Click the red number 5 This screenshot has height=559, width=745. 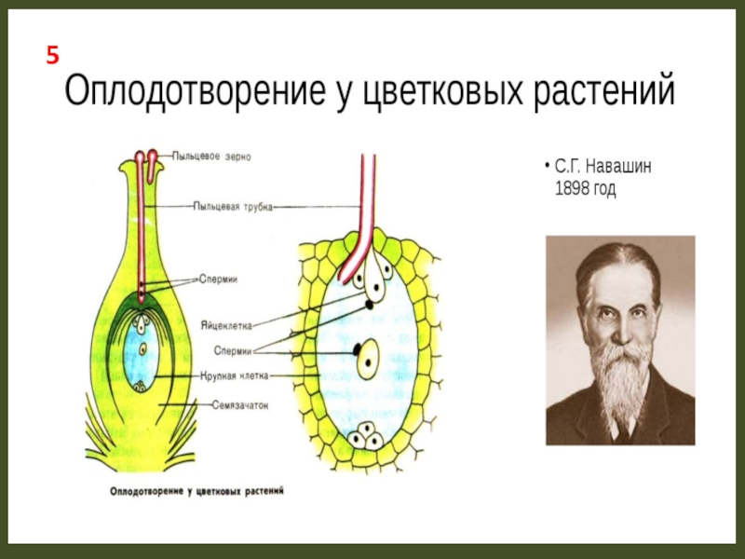(53, 57)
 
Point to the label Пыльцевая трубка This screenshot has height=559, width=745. (233, 206)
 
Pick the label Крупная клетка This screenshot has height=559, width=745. (235, 376)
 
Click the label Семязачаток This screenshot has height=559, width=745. (239, 403)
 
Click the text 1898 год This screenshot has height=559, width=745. (586, 189)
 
